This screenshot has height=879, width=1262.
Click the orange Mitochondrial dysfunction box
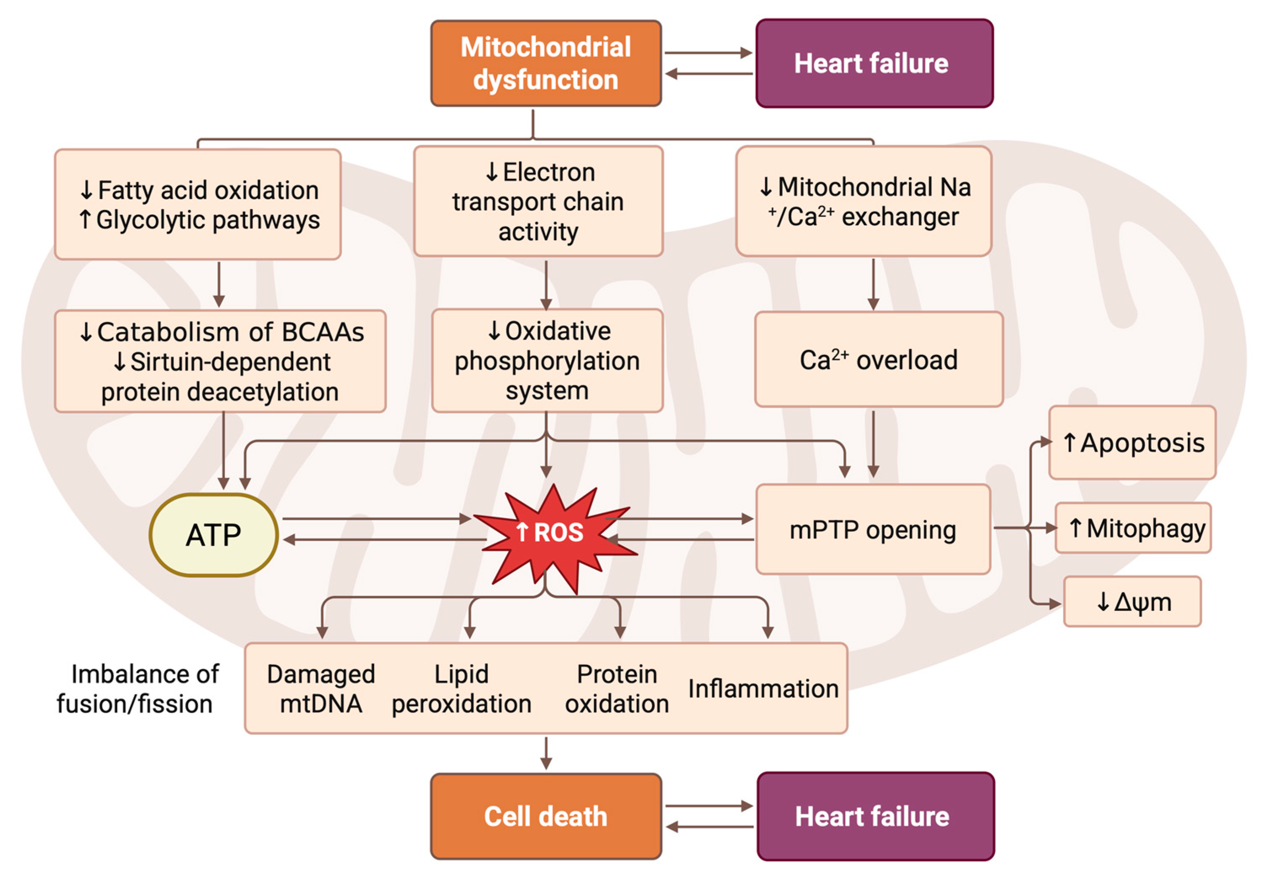[x=545, y=63]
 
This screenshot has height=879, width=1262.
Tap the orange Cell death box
[x=545, y=816]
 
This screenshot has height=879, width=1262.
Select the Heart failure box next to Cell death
[x=875, y=816]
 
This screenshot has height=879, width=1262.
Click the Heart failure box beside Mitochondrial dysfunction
[x=874, y=63]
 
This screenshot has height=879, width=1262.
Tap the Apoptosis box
[x=1132, y=443]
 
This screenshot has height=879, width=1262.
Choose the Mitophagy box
[x=1134, y=528]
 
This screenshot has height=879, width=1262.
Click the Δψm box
[x=1132, y=602]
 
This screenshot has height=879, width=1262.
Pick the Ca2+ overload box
[x=878, y=360]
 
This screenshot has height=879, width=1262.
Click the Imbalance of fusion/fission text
[x=137, y=689]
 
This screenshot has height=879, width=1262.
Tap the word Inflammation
[x=763, y=689]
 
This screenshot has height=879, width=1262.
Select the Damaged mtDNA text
[x=321, y=689]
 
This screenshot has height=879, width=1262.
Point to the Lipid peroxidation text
[x=462, y=689]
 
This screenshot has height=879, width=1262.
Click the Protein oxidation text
[x=617, y=689]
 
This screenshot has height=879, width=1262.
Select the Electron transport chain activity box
[x=538, y=201]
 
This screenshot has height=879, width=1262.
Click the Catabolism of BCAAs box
[x=220, y=361]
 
